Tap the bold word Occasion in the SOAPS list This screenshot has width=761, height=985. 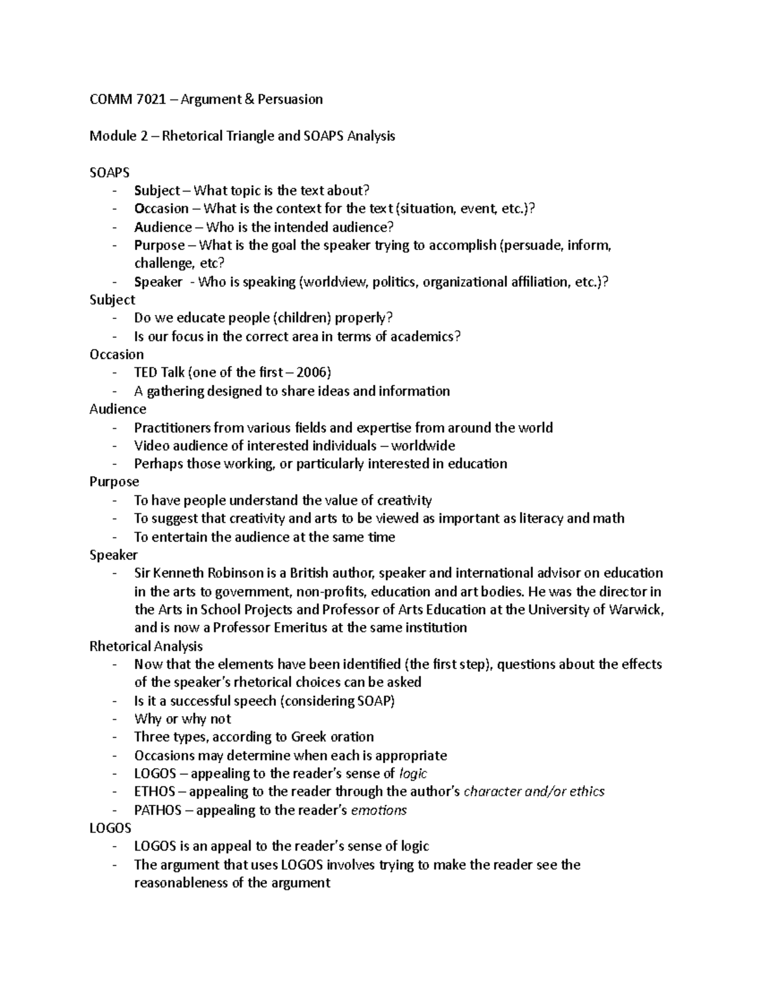pyautogui.click(x=161, y=209)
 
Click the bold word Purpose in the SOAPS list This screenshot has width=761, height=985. pyautogui.click(x=159, y=245)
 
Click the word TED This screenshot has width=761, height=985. pyautogui.click(x=146, y=372)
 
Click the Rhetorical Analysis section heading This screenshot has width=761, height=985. pyautogui.click(x=146, y=646)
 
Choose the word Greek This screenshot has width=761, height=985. pyautogui.click(x=309, y=737)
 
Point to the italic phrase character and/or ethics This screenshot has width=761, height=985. pyautogui.click(x=534, y=792)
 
